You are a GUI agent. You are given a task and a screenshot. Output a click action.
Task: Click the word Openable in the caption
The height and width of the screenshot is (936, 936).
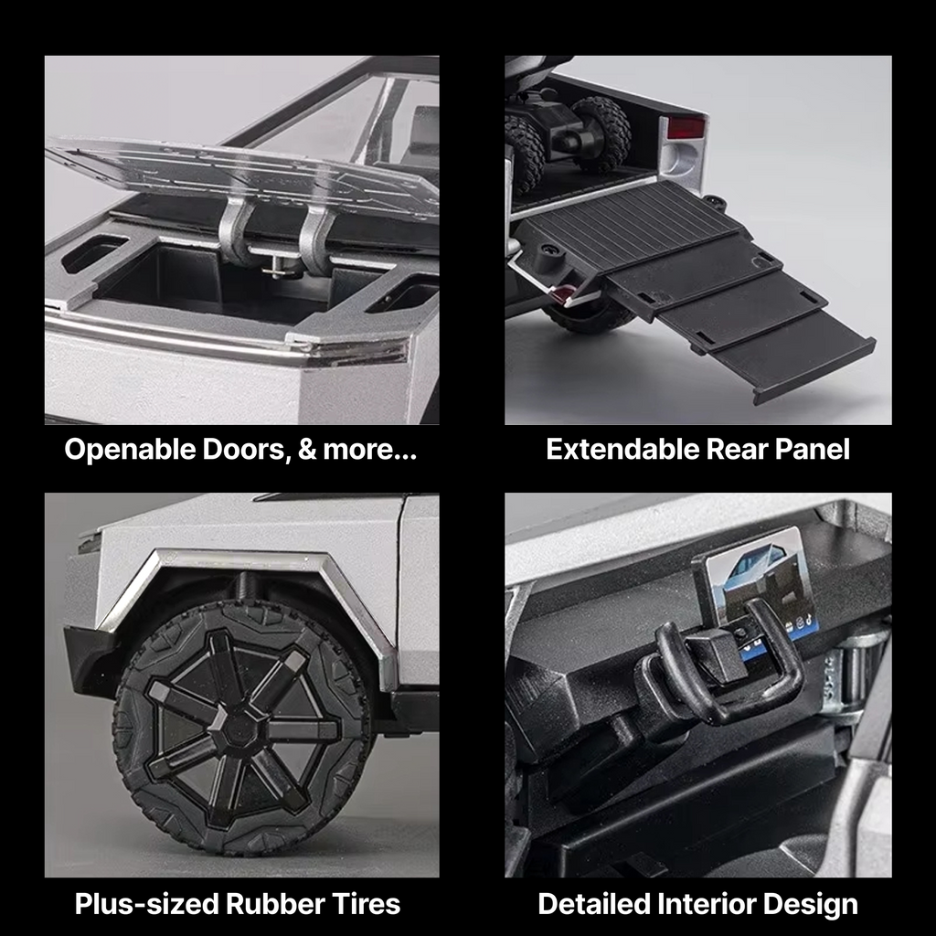tap(130, 450)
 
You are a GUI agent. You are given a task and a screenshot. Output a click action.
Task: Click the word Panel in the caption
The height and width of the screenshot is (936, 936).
tap(812, 449)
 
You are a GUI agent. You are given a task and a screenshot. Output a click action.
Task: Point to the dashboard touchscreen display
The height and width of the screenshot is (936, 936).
tap(761, 591)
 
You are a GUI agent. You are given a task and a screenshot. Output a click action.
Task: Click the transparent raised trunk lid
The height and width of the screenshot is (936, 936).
tap(239, 170)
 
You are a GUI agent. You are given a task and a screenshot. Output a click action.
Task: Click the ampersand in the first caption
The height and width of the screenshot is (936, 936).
tap(306, 450)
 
